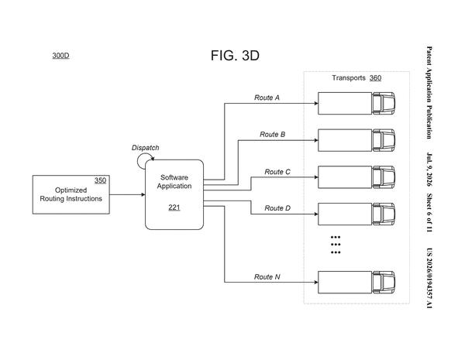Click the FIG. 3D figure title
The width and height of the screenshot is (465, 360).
coord(235,56)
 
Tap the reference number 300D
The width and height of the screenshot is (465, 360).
coord(60,56)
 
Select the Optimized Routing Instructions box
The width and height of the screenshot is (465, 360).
coord(71,194)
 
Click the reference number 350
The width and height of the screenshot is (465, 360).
coord(100,180)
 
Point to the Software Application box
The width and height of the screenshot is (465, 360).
coord(174,194)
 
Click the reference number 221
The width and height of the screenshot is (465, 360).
coord(174,207)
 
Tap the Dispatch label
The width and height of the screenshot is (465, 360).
coord(146,148)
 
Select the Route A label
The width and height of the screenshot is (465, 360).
coord(267,98)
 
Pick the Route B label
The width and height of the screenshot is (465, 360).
coord(273,134)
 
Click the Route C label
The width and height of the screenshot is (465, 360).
coord(277,172)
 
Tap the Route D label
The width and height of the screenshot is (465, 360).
coord(277,208)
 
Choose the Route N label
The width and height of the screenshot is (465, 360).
coord(267,276)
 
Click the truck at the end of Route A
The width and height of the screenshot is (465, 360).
coord(356,104)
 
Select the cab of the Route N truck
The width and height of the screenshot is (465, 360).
coord(384,283)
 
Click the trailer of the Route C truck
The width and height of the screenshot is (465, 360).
coord(345,177)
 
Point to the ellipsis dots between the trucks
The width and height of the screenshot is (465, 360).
coord(336,245)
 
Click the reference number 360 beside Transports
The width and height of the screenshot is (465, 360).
coord(375,78)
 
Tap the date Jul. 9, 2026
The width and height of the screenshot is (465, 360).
coord(429,170)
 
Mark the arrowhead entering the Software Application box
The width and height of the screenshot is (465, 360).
coord(143,194)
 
